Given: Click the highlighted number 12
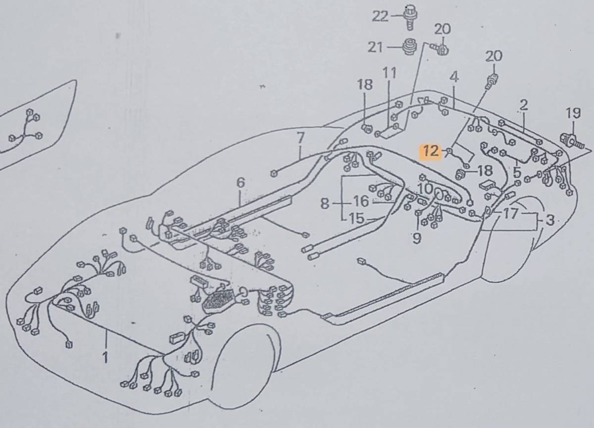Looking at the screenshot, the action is click(431, 151).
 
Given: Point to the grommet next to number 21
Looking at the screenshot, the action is click(409, 47).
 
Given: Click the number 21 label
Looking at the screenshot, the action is click(376, 47).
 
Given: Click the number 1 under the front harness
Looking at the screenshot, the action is click(105, 357).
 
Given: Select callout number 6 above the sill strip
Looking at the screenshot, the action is click(241, 182).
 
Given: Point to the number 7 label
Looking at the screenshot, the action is click(300, 138).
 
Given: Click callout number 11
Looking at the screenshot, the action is click(390, 73).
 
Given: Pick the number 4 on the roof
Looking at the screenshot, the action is click(454, 77).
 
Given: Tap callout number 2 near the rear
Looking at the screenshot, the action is click(524, 104).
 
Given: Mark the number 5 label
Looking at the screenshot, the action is click(517, 173).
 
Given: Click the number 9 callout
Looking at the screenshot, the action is click(417, 238).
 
